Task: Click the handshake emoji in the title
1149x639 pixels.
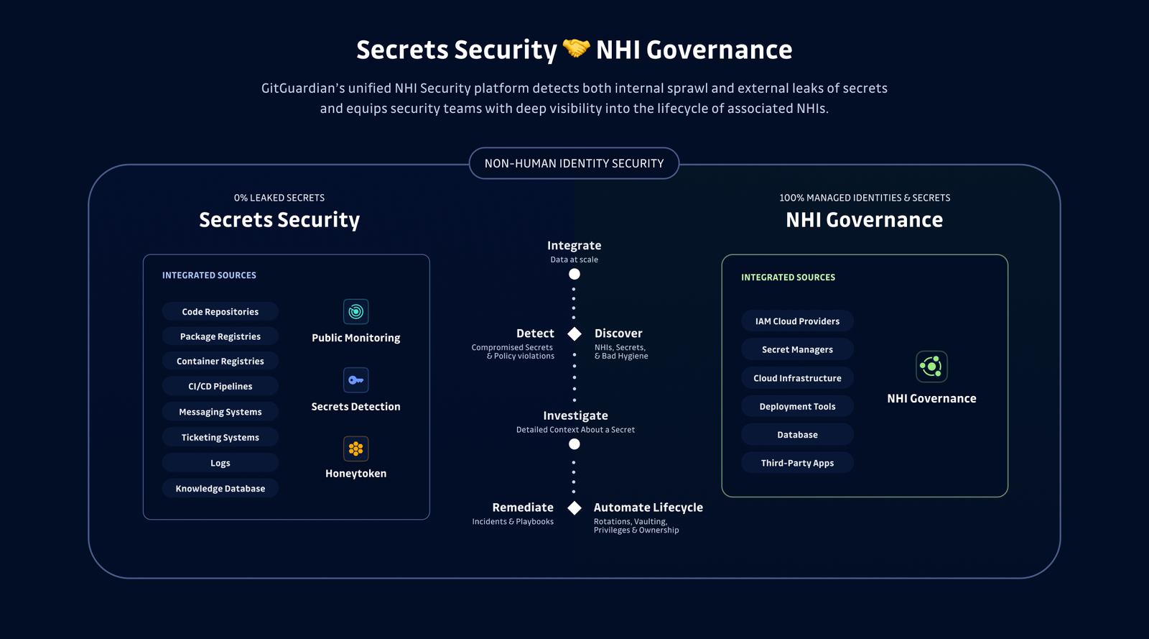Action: (576, 49)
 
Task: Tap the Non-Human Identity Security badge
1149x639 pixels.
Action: (574, 163)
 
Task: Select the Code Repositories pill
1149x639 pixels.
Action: (220, 311)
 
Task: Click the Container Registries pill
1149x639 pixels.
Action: (220, 362)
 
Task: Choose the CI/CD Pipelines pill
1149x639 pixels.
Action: (220, 387)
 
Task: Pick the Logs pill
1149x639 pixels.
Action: (220, 463)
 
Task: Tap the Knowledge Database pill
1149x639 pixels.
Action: (220, 489)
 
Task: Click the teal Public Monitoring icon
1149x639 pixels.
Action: (356, 311)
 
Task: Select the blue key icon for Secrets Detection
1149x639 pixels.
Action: (356, 380)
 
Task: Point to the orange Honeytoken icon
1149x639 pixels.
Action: (356, 449)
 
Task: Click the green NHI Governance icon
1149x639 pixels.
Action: (931, 367)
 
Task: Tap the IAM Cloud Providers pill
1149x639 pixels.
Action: (797, 321)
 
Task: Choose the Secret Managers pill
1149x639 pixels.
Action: (797, 349)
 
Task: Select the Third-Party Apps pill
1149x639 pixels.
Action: (797, 463)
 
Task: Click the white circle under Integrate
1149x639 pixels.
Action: (574, 274)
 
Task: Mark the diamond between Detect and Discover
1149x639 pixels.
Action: (574, 334)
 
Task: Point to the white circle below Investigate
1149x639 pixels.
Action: (574, 444)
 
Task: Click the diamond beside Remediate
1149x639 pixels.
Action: (574, 507)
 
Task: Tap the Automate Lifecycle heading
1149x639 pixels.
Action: (648, 507)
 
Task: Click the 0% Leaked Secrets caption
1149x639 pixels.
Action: (279, 198)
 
